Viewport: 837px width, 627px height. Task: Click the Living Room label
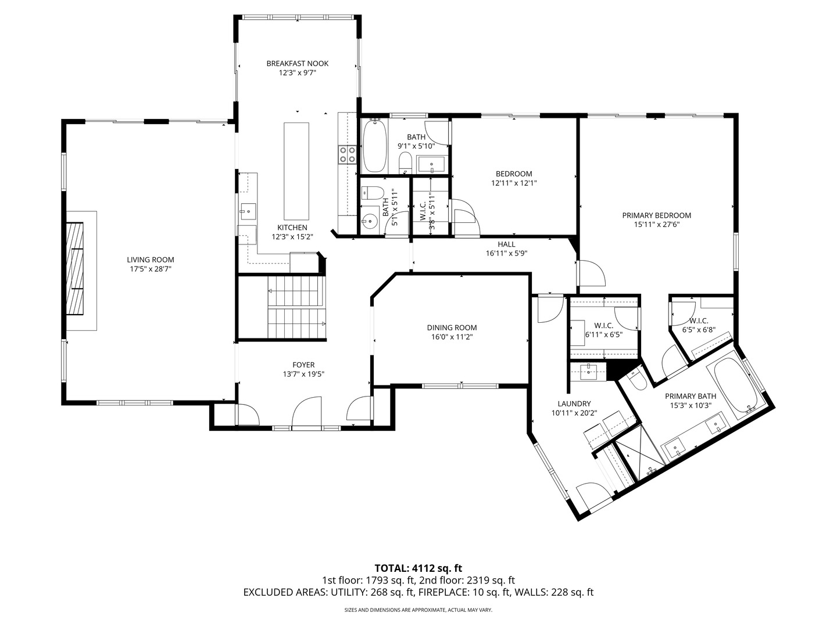point(151,260)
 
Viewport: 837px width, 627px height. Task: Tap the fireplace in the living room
point(74,268)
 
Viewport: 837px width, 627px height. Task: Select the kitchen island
point(296,169)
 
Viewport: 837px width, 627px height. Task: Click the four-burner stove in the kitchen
point(348,154)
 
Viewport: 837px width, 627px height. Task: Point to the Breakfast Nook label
point(297,63)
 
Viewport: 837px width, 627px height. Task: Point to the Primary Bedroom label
point(656,215)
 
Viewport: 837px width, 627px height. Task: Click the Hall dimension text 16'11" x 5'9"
point(506,253)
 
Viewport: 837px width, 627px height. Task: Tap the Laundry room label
point(574,403)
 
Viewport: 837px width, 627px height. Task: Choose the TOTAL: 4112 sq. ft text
point(418,568)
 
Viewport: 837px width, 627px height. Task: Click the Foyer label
point(303,365)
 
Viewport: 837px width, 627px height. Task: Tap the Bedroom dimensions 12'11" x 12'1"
point(513,183)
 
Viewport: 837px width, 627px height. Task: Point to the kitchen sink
point(248,208)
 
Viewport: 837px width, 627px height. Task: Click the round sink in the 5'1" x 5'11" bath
point(369,220)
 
